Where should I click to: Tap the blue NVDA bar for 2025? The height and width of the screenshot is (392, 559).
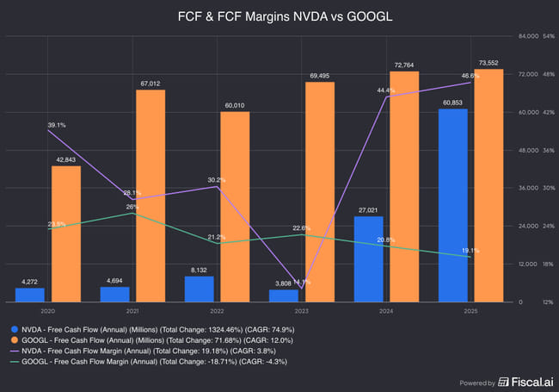click(453, 205)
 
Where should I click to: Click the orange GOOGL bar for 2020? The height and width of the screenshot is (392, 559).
click(66, 233)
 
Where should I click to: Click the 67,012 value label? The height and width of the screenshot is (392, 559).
click(150, 84)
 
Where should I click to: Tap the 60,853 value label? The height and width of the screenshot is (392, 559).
click(453, 103)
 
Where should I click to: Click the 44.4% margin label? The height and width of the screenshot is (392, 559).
click(386, 90)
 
